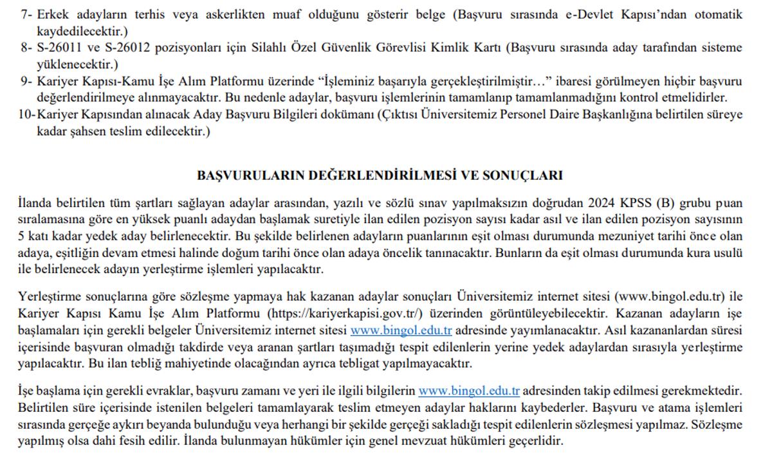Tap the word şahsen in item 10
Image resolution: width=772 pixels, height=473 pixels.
point(78,132)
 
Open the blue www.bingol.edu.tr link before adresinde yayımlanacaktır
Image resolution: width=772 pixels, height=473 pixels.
point(401,331)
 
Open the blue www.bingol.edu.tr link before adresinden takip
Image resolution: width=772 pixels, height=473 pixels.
point(469,391)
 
